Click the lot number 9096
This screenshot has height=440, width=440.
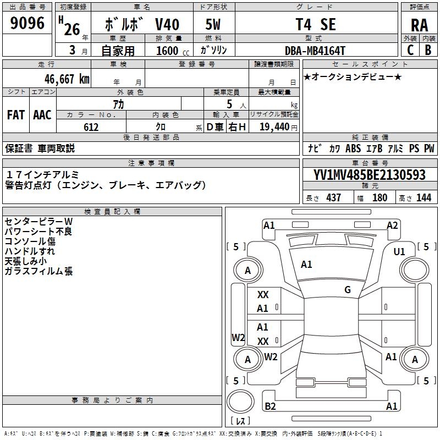[x=28, y=24]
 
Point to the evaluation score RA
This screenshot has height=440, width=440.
[x=419, y=25]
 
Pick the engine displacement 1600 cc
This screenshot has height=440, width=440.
[x=167, y=51]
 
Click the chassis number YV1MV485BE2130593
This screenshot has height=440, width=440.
[x=370, y=175]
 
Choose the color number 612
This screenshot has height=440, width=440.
[x=91, y=127]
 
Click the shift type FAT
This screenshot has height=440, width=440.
[x=16, y=115]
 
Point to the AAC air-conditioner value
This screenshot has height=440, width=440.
[x=42, y=115]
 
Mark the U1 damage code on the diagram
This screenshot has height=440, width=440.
[x=399, y=252]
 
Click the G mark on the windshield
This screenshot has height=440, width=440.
[x=348, y=290]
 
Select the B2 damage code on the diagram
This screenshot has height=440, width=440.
[x=270, y=406]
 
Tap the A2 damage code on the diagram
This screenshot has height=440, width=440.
[x=392, y=225]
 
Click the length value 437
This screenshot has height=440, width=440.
[x=333, y=197]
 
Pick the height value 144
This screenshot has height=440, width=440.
[x=424, y=197]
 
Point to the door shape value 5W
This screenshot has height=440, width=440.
[x=212, y=25]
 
